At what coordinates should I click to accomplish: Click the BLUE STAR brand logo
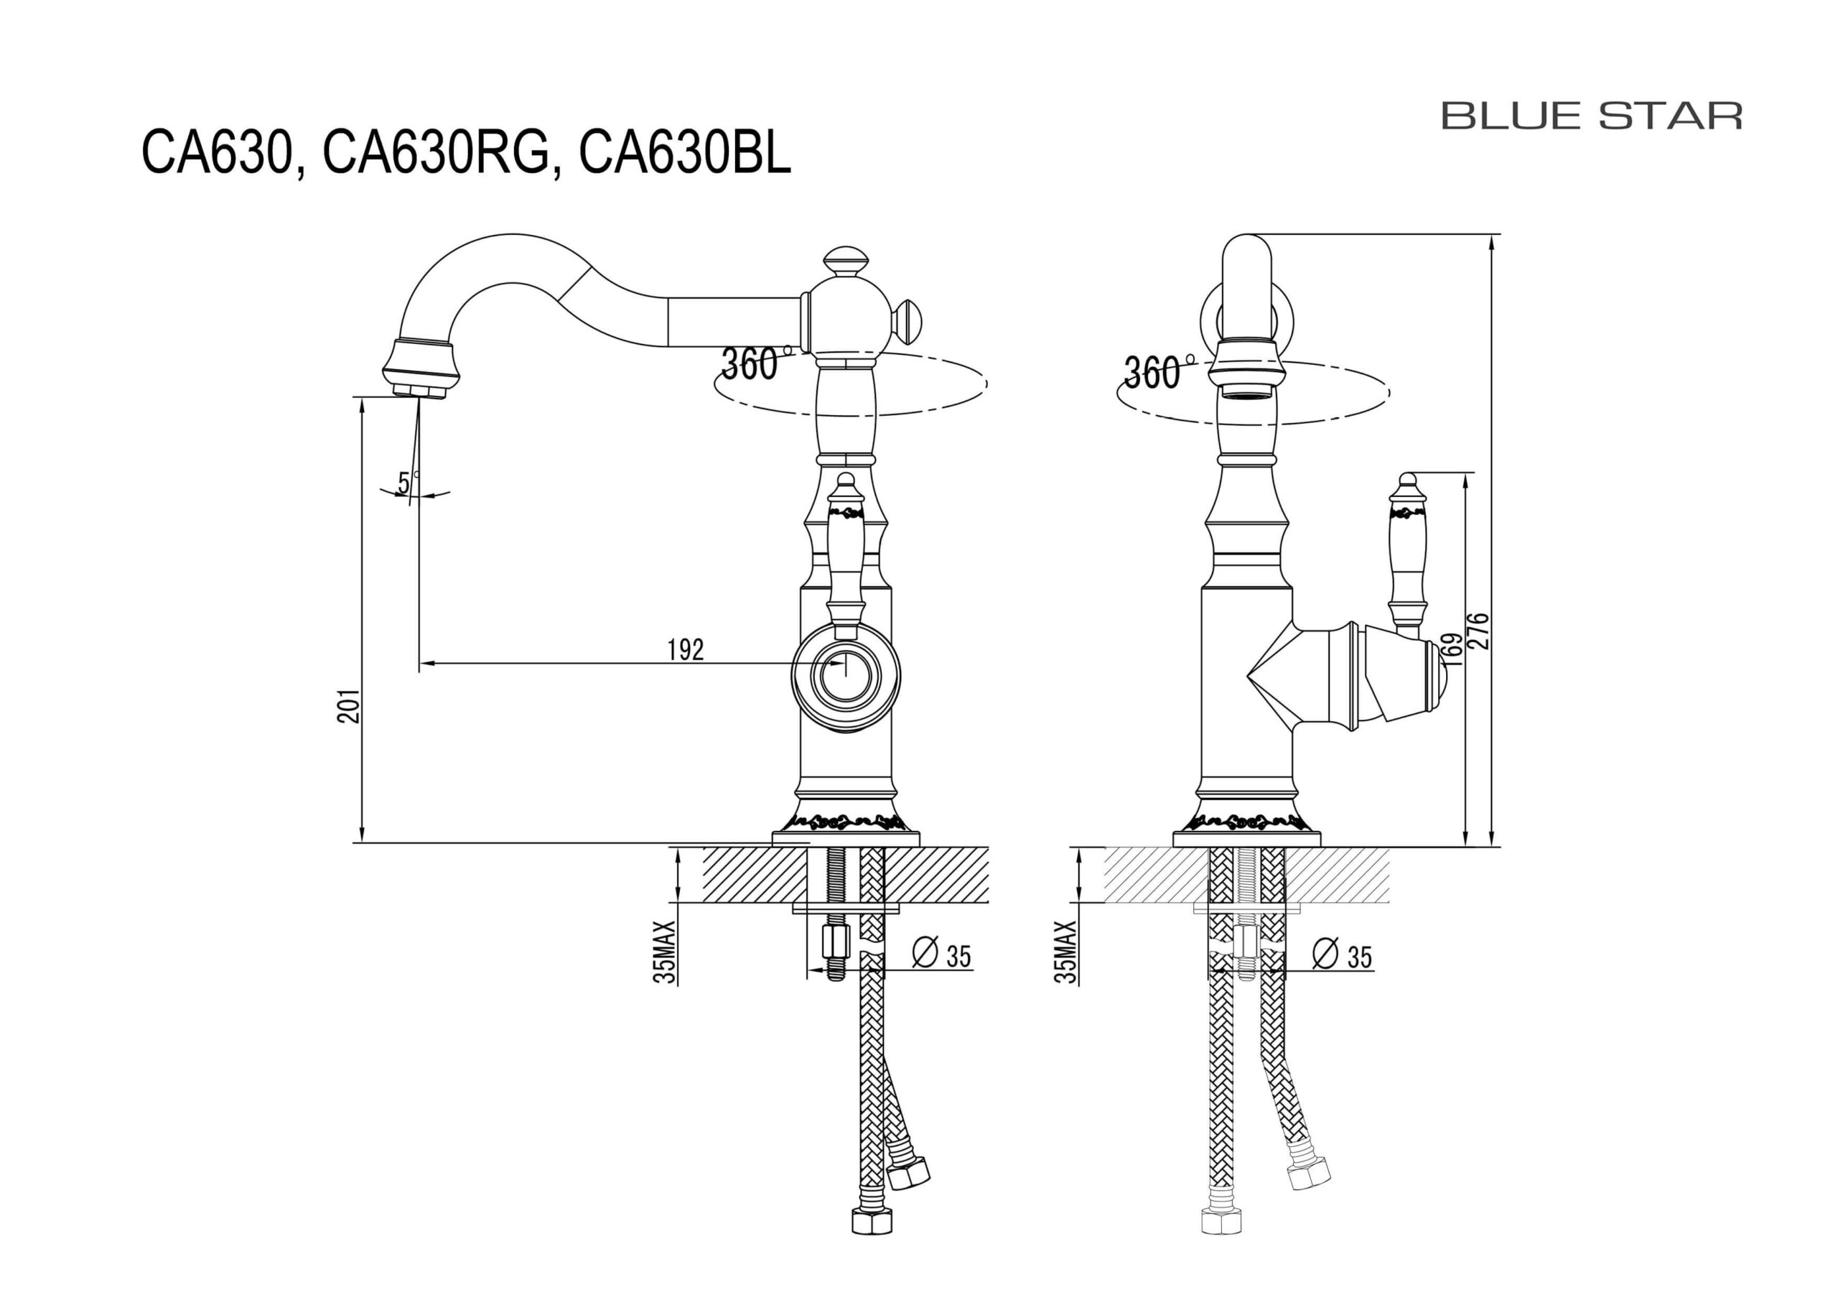click(1592, 116)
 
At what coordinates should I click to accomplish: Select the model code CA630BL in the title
click(685, 153)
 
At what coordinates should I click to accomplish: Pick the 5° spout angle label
click(405, 483)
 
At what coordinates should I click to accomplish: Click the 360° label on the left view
click(750, 364)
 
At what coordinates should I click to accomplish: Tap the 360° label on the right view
click(1153, 373)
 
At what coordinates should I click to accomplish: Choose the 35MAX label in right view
click(1066, 952)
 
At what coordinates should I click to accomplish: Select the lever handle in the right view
click(1407, 553)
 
